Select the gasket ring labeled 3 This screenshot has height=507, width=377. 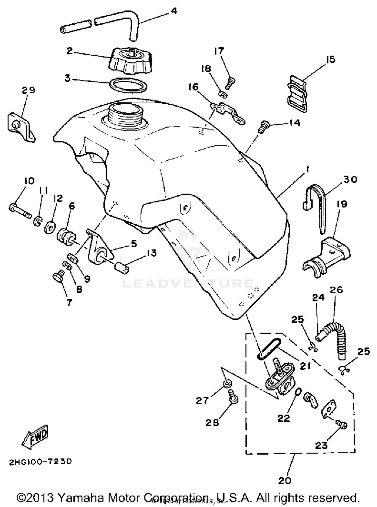pos(128,85)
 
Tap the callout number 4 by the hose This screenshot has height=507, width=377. pos(174,11)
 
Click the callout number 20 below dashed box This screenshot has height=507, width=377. pos(285,481)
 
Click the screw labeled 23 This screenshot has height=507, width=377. pos(342,424)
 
